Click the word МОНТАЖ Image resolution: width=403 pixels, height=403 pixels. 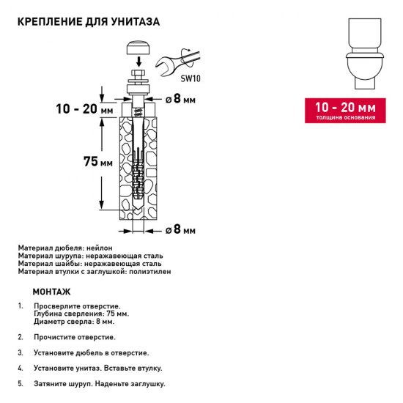[x=52, y=291]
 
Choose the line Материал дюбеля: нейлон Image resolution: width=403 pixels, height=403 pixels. [x=66, y=249]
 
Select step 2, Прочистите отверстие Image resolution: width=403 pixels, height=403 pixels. [x=74, y=337]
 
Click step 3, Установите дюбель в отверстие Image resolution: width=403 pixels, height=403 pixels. [x=91, y=352]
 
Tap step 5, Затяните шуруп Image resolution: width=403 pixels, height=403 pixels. [x=99, y=383]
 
